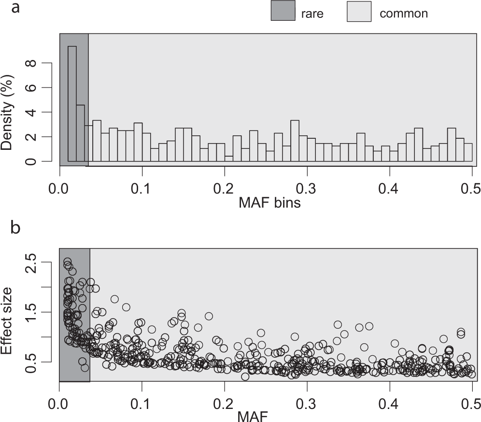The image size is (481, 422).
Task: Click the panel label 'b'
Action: (x=15, y=228)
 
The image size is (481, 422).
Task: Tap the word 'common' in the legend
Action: (x=404, y=13)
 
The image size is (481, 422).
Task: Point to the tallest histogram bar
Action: (x=72, y=103)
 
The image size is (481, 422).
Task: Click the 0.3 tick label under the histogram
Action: (x=307, y=186)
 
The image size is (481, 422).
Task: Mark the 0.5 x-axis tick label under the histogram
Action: (x=471, y=186)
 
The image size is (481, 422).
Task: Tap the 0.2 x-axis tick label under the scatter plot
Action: (x=224, y=402)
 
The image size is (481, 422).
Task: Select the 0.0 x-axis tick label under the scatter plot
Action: (x=59, y=402)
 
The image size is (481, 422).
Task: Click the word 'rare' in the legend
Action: (x=312, y=13)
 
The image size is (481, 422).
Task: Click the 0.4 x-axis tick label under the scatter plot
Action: (x=389, y=402)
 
